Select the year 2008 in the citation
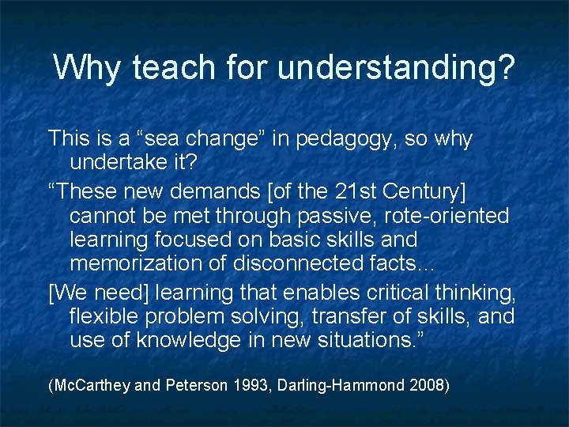[428, 386]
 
